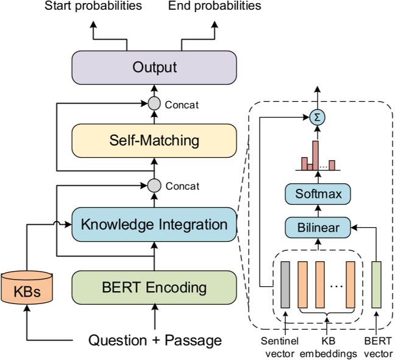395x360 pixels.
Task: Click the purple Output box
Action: [x=154, y=66]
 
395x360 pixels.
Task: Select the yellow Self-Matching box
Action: [x=154, y=141]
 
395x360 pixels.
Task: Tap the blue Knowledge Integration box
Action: [x=154, y=224]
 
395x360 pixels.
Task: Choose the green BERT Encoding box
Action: [x=154, y=286]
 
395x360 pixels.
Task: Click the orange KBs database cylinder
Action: [x=27, y=286]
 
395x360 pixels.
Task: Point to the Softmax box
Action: [x=317, y=196]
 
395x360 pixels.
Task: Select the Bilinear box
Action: [x=317, y=228]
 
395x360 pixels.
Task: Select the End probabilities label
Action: [x=215, y=7]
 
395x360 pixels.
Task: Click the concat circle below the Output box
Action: [x=154, y=104]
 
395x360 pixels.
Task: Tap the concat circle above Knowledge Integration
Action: [x=154, y=185]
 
